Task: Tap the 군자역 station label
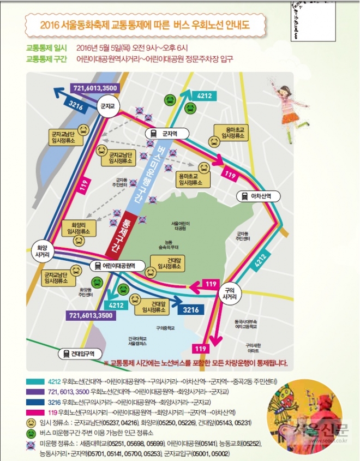167,133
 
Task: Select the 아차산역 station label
256,195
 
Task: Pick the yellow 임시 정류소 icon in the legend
31,422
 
